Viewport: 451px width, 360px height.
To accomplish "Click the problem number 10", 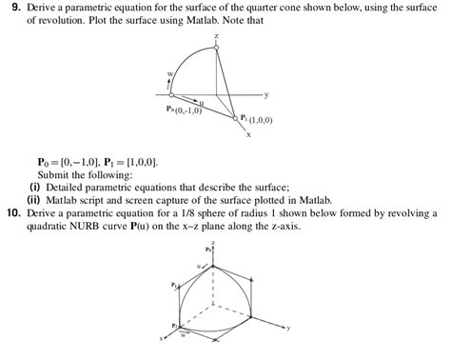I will (x=12, y=214).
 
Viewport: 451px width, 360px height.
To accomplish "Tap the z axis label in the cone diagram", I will (x=216, y=35).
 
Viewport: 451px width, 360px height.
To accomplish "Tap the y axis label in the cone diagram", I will (x=266, y=94).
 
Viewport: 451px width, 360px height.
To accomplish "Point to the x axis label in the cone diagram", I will (x=248, y=134).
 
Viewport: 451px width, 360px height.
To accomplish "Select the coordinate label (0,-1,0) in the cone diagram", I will (x=186, y=110).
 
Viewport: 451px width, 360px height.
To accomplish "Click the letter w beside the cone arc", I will (x=170, y=73).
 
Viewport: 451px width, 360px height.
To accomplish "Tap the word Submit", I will (x=54, y=175).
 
